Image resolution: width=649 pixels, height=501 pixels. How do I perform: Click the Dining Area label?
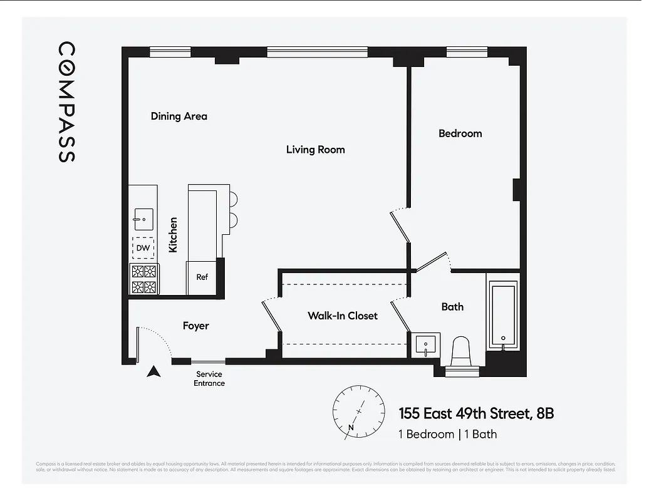point(179,116)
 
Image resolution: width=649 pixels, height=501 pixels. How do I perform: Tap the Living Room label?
point(315,150)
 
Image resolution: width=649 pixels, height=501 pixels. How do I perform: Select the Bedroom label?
point(460,133)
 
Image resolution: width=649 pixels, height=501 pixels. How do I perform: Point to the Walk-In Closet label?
point(342,316)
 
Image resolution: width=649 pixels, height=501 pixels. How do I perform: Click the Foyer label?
point(195,326)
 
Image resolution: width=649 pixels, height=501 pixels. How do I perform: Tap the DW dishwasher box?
point(143,248)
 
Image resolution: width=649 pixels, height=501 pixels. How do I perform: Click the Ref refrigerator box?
point(202,277)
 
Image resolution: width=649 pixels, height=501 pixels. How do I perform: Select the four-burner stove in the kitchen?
point(143,279)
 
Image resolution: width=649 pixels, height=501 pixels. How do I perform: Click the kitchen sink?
point(143,219)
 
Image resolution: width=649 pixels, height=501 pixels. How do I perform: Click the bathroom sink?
point(426,345)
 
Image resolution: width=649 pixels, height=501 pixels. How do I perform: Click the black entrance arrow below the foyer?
point(153,372)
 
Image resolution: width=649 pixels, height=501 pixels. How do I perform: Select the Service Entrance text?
point(209,379)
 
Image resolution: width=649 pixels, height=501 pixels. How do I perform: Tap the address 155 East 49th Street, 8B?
point(476,414)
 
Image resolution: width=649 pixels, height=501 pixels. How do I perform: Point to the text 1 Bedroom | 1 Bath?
point(447,434)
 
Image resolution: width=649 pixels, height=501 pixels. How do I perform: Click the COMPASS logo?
point(67,102)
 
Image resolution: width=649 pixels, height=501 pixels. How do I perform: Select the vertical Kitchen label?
point(173,235)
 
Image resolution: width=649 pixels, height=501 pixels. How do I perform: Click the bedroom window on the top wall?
point(467,52)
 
